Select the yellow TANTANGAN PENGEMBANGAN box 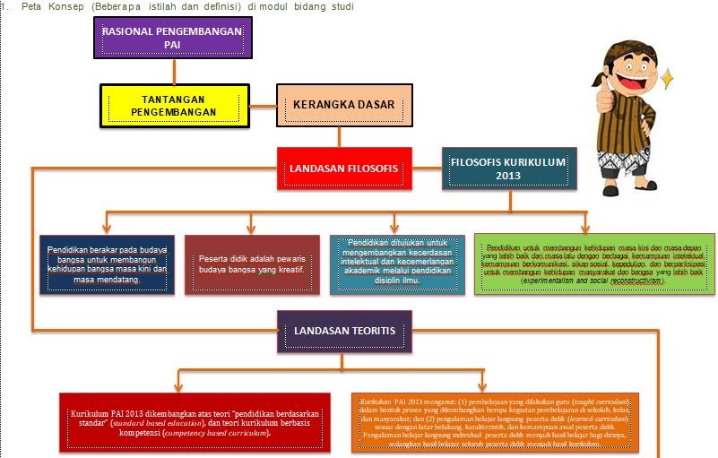coord(172,105)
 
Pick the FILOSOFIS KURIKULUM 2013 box coord(509,168)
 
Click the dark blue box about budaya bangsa coord(107,265)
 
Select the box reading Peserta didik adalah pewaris coord(252,265)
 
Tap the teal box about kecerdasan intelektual coord(397,264)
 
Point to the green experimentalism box coord(593,264)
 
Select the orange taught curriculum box coord(496,421)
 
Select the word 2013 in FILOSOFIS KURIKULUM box coord(508,176)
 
